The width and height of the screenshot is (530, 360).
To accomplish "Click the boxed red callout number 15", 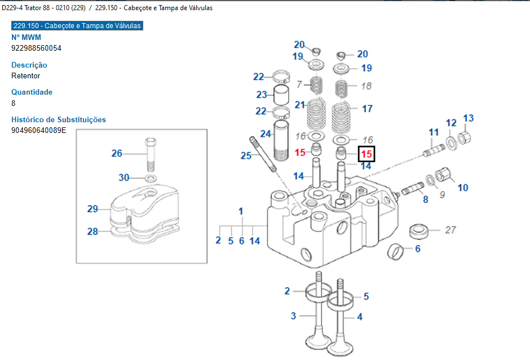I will point(366,153).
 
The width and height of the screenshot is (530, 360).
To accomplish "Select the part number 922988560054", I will point(36,48).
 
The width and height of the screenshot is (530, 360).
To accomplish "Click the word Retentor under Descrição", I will point(26,75).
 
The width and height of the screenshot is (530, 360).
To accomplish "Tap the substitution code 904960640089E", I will point(39,130).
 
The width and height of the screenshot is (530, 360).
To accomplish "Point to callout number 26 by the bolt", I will point(117,153).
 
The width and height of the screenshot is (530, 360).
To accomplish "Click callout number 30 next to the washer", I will point(124,177).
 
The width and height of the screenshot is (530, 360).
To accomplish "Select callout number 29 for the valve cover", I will point(93,209).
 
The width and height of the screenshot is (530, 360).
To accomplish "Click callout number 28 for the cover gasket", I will point(93,231).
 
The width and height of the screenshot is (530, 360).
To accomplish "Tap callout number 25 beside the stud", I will point(246,155).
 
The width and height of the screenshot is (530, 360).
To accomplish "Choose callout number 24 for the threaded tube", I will point(266,134).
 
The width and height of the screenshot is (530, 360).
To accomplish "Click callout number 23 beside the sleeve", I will point(261,95).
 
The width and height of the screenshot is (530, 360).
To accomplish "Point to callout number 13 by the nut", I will point(469,118).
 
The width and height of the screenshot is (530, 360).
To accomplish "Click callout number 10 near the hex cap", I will point(462,188).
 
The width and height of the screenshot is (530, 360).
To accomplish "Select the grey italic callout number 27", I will point(450,229).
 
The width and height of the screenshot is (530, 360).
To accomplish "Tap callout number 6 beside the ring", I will point(418,248).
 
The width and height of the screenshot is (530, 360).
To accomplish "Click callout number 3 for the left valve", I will point(293,315).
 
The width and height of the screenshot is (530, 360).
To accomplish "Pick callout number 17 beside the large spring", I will point(367,108).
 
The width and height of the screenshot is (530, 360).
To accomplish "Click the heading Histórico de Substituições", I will point(59,119).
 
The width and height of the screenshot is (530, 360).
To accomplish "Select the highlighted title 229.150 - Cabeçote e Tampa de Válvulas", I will point(77,26).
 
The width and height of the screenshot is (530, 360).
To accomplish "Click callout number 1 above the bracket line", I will point(241,211).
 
